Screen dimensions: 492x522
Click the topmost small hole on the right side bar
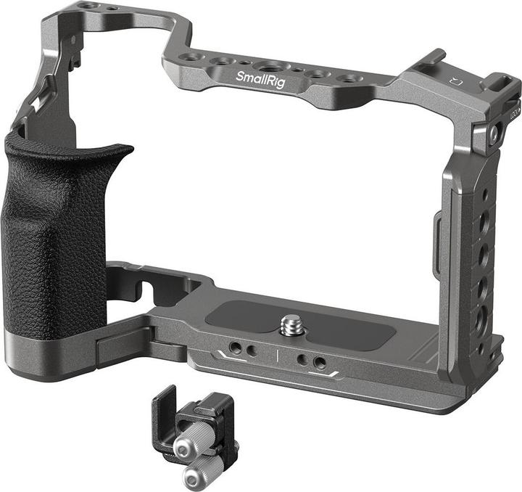pos(485,194)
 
